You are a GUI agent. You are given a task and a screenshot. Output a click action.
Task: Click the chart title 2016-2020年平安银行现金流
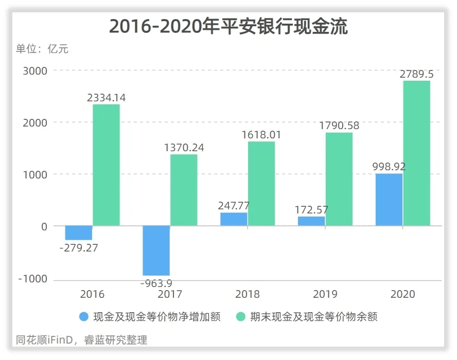[228, 26]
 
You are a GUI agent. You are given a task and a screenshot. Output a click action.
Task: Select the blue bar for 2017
[156, 250]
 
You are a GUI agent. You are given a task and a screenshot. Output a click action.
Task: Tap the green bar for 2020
[417, 153]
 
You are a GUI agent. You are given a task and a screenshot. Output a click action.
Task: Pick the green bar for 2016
[107, 165]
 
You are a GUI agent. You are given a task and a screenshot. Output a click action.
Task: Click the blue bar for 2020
[389, 200]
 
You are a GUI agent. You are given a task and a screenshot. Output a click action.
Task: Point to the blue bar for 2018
[234, 219]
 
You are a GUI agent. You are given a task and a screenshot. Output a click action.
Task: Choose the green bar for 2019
[339, 179]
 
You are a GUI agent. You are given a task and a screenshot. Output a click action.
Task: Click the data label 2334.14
[107, 98]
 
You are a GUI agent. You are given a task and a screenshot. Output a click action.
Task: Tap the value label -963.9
[156, 282]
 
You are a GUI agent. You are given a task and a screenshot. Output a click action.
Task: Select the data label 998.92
[389, 167]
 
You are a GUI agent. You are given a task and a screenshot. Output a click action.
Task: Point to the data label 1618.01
[262, 135]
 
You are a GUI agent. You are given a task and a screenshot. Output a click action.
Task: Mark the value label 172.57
[311, 210]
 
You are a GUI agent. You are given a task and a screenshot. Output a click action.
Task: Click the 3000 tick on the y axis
[35, 71]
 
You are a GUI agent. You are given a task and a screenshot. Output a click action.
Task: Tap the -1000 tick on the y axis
[32, 279]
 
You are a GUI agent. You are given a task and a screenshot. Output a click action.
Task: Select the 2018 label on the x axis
[248, 295]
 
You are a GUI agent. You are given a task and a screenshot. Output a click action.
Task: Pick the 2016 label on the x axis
[92, 295]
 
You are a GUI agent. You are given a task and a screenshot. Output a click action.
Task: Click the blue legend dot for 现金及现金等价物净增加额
[84, 317]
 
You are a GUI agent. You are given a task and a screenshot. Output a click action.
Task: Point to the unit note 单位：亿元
[42, 49]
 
